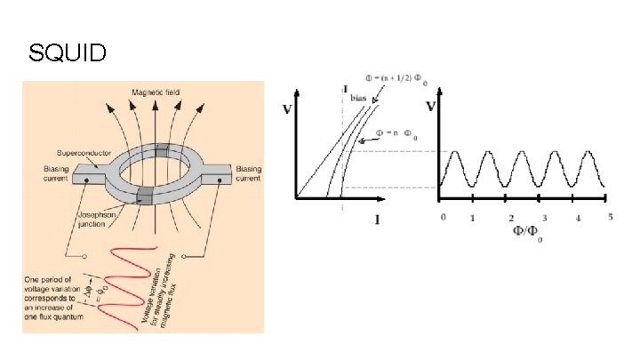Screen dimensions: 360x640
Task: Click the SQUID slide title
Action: (x=68, y=53)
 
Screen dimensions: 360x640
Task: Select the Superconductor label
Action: (x=84, y=152)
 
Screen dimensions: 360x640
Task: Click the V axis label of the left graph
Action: (x=287, y=111)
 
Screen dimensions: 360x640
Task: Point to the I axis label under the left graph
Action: (x=377, y=220)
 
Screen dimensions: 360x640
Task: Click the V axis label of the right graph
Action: (x=430, y=108)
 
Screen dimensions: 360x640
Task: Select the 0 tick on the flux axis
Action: (x=441, y=218)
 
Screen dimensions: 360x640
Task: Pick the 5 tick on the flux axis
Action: (x=610, y=218)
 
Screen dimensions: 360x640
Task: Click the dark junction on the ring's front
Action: (x=141, y=197)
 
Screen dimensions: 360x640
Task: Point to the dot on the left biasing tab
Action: (x=86, y=180)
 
